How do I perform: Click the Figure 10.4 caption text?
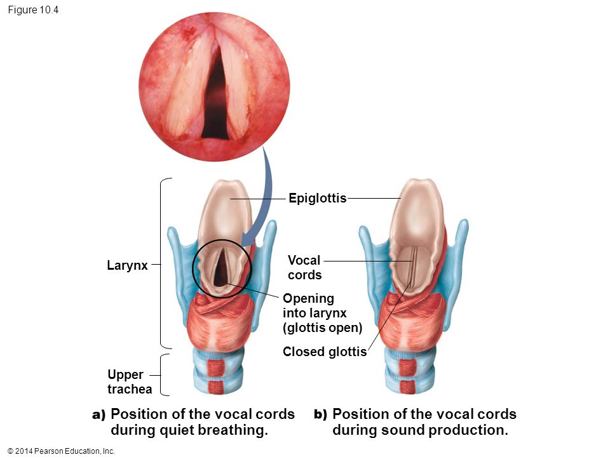[34, 10]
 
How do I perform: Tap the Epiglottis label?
[317, 199]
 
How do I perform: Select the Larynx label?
[127, 266]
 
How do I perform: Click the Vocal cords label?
[304, 267]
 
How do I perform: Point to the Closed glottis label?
[324, 352]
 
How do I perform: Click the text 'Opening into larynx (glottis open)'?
[322, 313]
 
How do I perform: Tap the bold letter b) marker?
[320, 415]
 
